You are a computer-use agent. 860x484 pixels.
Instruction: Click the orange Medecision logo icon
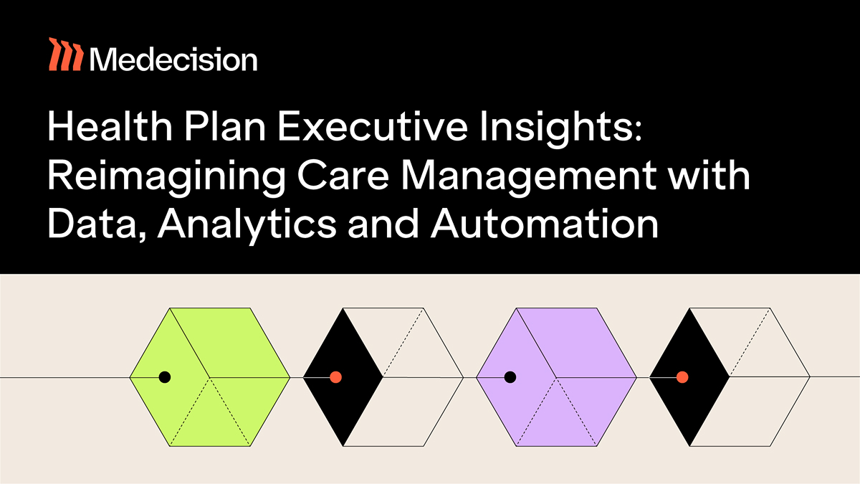[x=66, y=54]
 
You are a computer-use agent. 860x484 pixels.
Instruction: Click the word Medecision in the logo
[x=173, y=59]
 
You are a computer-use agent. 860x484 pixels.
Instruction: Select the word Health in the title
[x=110, y=125]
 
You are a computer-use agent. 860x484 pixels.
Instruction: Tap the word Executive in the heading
[x=372, y=126]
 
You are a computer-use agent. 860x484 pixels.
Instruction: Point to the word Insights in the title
[x=561, y=128]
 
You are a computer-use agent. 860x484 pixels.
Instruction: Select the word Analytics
[x=247, y=227]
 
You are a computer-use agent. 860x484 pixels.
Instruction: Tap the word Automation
[x=545, y=223]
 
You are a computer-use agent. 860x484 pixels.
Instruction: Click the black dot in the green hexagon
[x=165, y=377]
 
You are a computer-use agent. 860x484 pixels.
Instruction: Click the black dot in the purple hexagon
[x=510, y=377]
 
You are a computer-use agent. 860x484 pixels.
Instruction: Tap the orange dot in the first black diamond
[x=336, y=377]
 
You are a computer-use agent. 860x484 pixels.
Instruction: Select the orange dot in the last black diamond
[x=682, y=377]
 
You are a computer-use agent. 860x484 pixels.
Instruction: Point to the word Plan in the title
[x=225, y=125]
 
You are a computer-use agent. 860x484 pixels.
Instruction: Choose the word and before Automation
[x=383, y=223]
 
